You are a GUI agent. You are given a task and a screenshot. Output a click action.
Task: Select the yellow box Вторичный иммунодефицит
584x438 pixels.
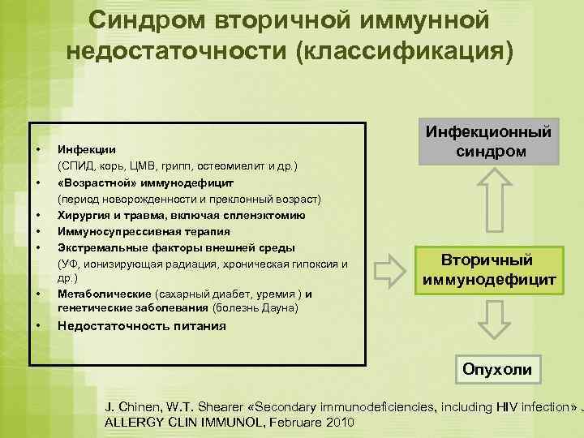pyautogui.click(x=488, y=271)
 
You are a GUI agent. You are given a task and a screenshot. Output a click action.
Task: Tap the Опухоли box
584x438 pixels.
pyautogui.click(x=496, y=369)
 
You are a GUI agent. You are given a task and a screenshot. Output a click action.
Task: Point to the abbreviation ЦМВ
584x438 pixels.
pyautogui.click(x=152, y=166)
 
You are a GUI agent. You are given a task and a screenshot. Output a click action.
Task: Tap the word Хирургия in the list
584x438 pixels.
pyautogui.click(x=81, y=215)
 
